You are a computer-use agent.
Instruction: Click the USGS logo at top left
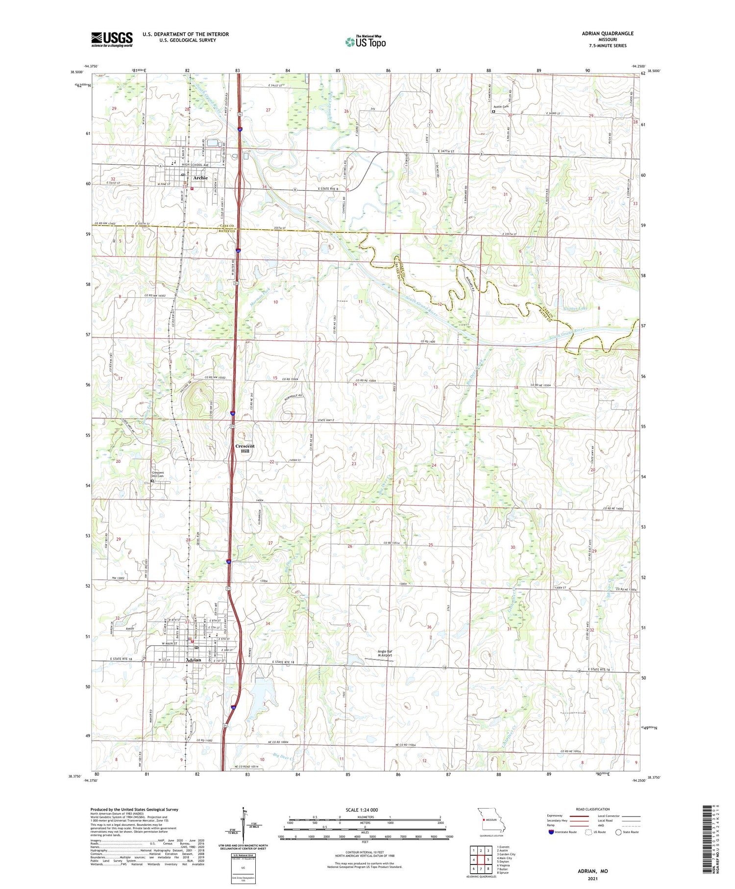[112, 39]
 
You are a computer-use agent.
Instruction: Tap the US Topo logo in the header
[365, 42]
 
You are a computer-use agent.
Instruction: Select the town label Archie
[200, 178]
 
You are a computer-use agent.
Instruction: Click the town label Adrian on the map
[194, 660]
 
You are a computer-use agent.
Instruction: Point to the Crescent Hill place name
[245, 448]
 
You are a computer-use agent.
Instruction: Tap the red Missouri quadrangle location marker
[483, 819]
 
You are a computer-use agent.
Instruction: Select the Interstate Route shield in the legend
[551, 832]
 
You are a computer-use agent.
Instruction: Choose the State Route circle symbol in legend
[619, 832]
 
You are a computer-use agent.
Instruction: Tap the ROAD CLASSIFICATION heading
[593, 809]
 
